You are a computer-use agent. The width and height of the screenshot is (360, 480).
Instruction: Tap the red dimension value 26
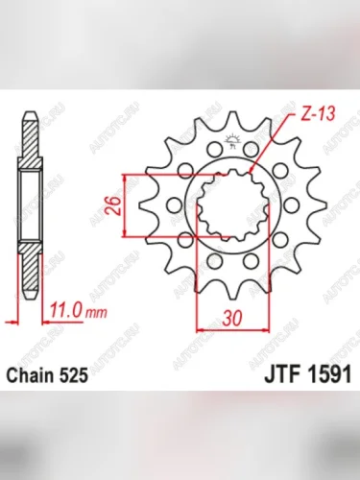(x=114, y=204)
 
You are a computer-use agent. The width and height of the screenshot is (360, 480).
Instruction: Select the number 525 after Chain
(x=78, y=378)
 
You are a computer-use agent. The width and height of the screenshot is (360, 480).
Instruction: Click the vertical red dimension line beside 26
(x=125, y=204)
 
